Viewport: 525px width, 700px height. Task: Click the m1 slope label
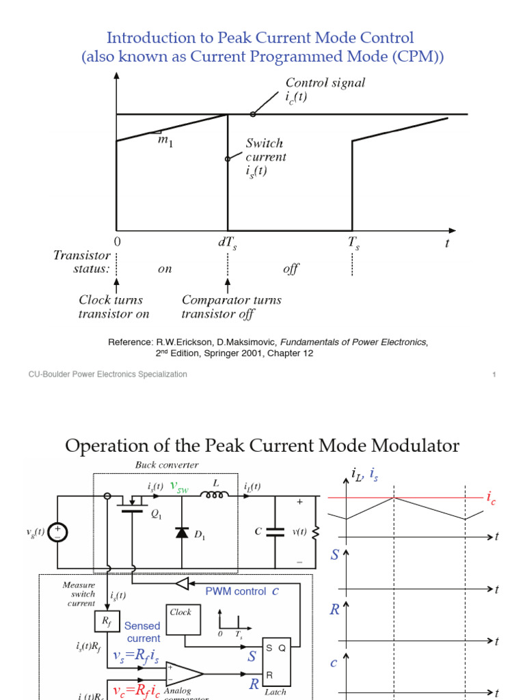click(x=166, y=142)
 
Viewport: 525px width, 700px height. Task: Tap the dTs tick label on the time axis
click(x=228, y=243)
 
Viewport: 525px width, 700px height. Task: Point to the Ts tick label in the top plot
click(x=353, y=243)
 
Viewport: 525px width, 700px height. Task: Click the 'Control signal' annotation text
click(x=325, y=83)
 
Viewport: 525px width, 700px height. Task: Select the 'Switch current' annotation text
click(x=265, y=144)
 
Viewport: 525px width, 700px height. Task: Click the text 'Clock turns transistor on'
click(x=113, y=307)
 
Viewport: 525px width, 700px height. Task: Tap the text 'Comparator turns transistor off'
click(x=231, y=307)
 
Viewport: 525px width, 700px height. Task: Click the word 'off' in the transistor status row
click(x=291, y=269)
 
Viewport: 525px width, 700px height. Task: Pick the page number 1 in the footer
click(x=494, y=375)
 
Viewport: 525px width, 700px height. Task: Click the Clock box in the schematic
click(x=181, y=618)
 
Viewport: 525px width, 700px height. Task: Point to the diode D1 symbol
click(x=182, y=533)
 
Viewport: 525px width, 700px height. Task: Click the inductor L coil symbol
click(x=217, y=495)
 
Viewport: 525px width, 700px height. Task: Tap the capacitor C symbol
click(x=275, y=532)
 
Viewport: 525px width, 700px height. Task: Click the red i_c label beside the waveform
click(x=491, y=499)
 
